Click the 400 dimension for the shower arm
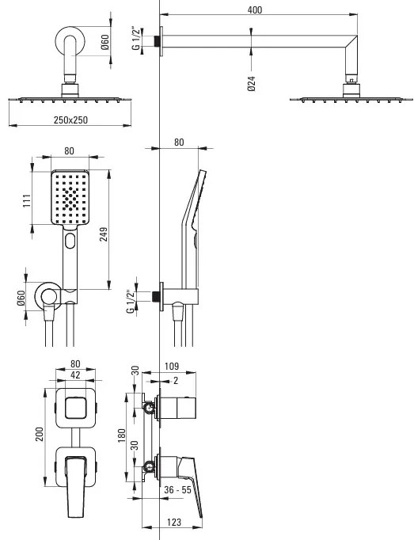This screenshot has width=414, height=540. (255, 10)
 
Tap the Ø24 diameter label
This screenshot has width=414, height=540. (252, 83)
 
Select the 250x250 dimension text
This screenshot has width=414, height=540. (70, 120)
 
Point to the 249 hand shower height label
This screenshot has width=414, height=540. (104, 234)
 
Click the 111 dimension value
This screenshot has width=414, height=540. (27, 201)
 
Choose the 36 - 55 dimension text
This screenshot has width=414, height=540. (177, 489)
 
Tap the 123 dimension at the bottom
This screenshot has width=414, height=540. (174, 522)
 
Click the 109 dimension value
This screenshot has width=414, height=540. (172, 366)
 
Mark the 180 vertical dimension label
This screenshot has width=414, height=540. (122, 435)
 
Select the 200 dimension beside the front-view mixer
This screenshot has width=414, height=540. (40, 434)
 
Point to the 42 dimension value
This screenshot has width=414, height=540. (75, 375)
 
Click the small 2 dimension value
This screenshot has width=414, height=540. (176, 381)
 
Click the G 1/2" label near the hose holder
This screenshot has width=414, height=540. (131, 302)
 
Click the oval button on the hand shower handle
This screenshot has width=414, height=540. (70, 241)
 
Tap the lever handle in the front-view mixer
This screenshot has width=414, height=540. (75, 485)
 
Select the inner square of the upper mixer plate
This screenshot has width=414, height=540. (75, 408)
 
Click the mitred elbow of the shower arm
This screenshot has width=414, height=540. (351, 44)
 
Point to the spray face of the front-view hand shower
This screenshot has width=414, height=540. (70, 198)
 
